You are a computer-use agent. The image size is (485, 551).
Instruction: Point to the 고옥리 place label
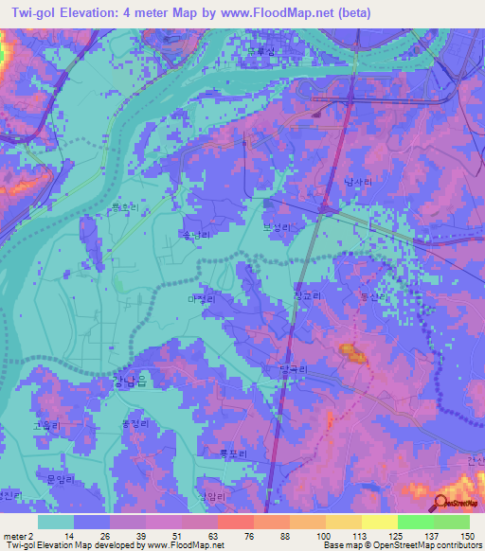[45, 425]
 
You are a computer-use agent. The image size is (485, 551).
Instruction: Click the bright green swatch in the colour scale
[415, 522]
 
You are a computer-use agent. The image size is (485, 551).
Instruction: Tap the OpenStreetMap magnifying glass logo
[440, 503]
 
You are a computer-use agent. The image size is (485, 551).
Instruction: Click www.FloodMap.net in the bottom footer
[184, 545]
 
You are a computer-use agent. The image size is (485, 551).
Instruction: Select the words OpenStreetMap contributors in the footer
[427, 545]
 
